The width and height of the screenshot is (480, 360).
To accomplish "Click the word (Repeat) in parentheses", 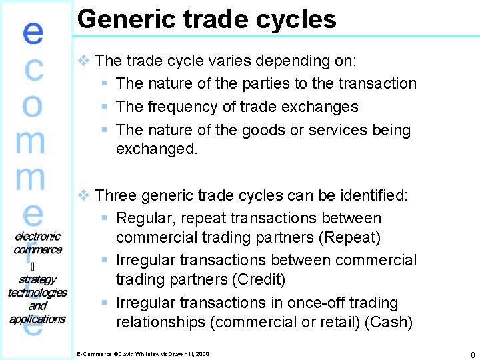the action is click(x=358, y=238).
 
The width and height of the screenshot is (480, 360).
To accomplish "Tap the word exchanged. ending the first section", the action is click(x=157, y=149).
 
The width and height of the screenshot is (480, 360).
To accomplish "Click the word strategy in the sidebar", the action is click(x=37, y=279).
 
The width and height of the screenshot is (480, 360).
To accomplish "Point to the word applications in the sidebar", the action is click(x=37, y=319).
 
